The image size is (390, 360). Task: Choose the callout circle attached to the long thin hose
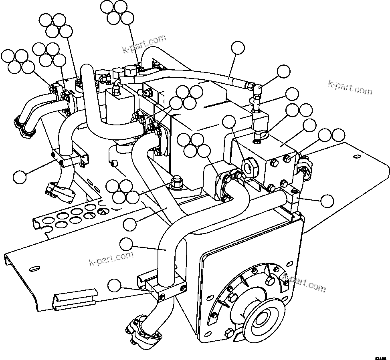[x=238, y=47]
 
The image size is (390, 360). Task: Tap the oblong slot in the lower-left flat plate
[x=34, y=268]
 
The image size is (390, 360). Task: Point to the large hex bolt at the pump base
[x=176, y=183]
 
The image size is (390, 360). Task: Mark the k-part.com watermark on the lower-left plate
[x=111, y=259]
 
